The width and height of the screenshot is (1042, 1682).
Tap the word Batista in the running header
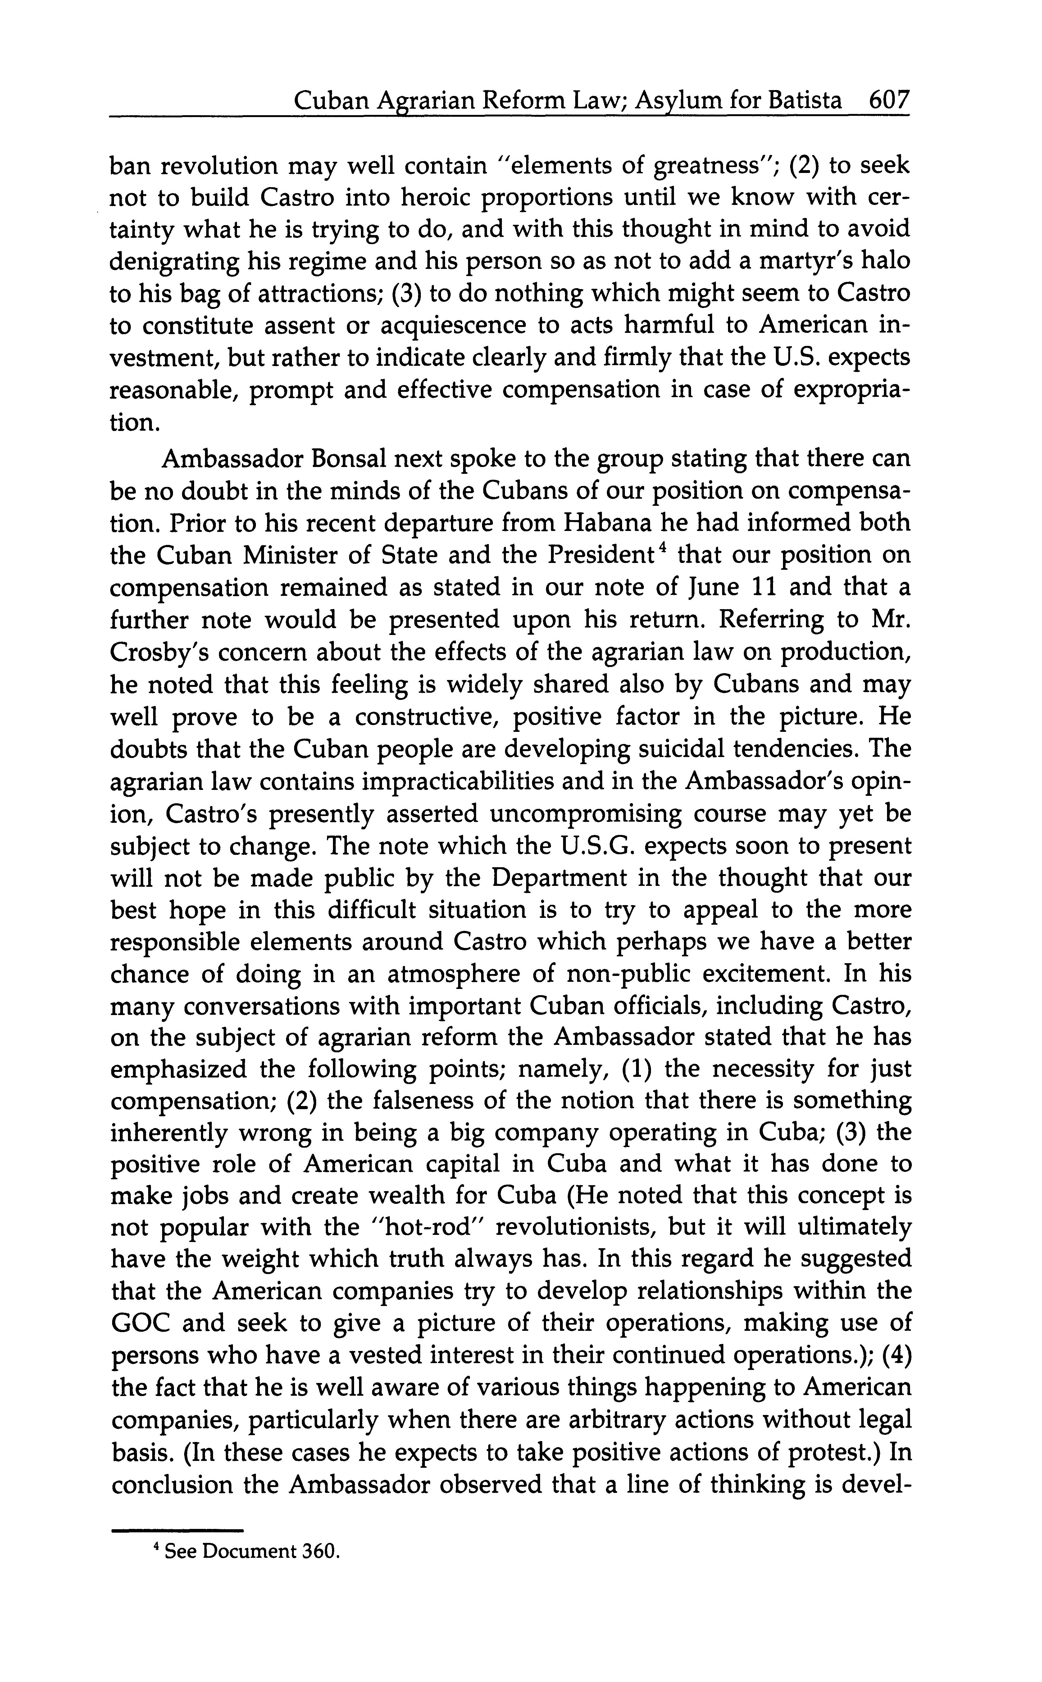805,102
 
